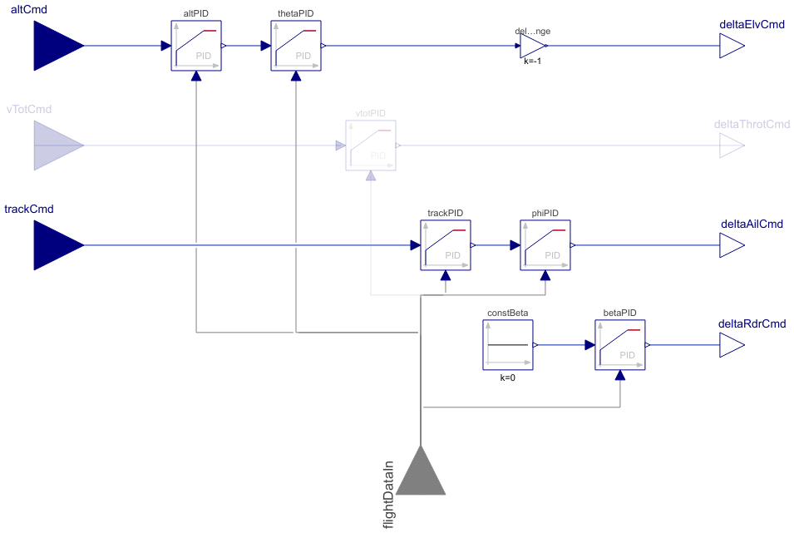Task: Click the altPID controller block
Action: [196, 46]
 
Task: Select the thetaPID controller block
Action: [296, 46]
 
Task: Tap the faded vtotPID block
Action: [371, 146]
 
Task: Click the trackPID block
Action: [446, 245]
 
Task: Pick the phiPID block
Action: [546, 245]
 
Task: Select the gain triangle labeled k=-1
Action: [533, 46]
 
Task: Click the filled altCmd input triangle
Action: [55, 46]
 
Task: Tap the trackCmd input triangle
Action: [55, 245]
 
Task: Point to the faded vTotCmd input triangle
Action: [55, 146]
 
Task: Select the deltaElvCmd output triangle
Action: [731, 46]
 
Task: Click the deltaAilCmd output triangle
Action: [731, 245]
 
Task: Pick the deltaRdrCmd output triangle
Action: [731, 345]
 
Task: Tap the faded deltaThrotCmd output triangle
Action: [731, 146]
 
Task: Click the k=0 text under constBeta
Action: [508, 378]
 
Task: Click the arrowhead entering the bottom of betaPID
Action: [620, 375]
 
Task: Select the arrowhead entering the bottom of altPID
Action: [196, 76]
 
